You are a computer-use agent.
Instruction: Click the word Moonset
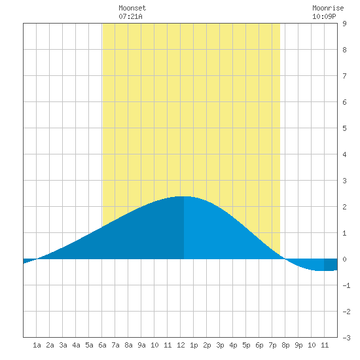point(132,8)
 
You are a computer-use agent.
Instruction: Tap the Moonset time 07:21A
point(130,16)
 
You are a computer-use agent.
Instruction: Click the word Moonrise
point(328,8)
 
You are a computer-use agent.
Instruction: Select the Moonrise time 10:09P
point(324,16)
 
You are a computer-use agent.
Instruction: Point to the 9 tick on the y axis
point(344,24)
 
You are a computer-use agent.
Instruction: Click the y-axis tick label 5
point(344,128)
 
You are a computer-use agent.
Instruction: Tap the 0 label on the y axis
point(344,259)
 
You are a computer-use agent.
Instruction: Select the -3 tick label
point(346,338)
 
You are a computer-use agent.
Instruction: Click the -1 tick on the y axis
point(346,285)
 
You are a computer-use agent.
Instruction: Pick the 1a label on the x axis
point(37,345)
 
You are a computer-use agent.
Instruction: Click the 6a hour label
point(102,345)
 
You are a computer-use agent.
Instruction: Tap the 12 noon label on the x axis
point(181,345)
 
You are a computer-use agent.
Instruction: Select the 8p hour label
point(285,345)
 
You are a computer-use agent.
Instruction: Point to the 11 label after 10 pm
point(325,345)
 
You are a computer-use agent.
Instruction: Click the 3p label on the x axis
point(220,345)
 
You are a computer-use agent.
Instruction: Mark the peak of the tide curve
point(184,196)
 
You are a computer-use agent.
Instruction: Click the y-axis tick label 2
point(344,207)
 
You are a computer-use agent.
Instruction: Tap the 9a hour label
point(141,345)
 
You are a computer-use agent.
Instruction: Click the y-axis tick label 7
point(344,76)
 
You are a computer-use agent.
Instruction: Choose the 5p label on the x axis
point(246,345)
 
